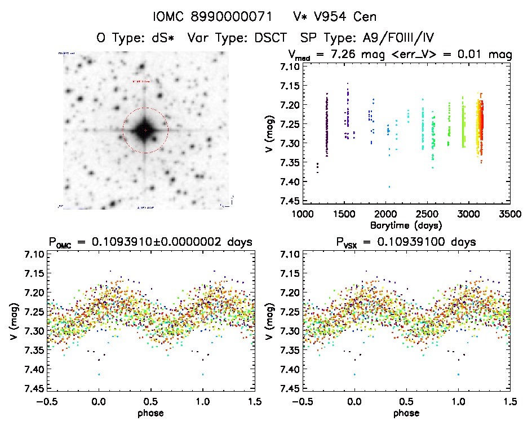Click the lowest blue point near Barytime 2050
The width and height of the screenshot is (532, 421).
388,187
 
